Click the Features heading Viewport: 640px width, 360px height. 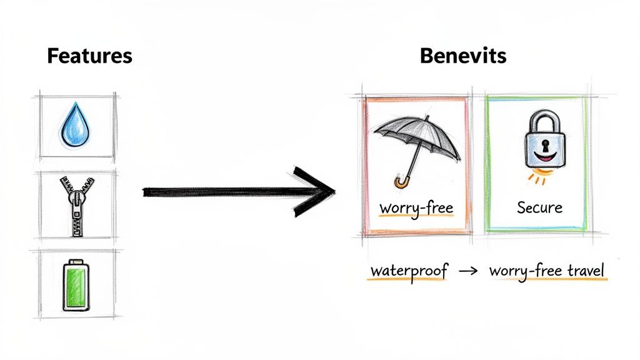click(90, 56)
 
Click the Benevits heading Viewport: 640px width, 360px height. click(463, 56)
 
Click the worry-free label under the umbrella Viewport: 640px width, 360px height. click(416, 207)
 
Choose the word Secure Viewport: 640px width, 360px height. click(540, 207)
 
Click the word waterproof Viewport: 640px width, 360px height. click(409, 272)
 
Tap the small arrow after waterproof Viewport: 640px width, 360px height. click(468, 272)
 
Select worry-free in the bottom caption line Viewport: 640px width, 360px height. click(524, 272)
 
